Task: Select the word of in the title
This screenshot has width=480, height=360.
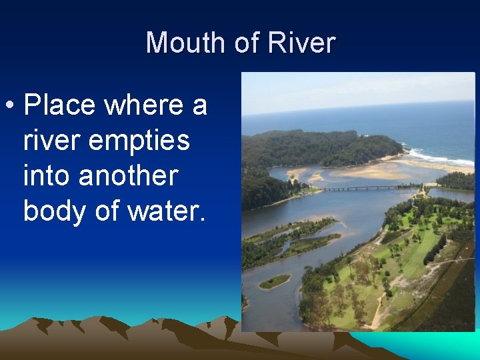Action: coord(246,43)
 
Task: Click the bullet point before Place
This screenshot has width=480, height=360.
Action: coord(12,106)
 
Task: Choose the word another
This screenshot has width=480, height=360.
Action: coord(128,175)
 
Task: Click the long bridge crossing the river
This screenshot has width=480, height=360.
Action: coord(363,189)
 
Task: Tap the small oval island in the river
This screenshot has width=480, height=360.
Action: coord(274,281)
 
